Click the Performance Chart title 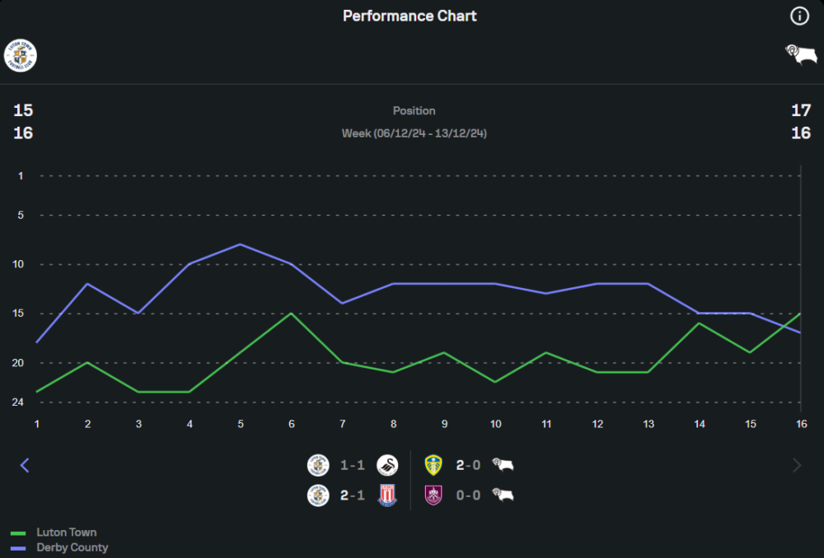point(410,16)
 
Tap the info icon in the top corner point(799,16)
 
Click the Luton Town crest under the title point(21,55)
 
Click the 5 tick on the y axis point(21,215)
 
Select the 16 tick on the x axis point(800,423)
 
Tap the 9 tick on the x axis point(444,423)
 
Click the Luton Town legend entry point(66,532)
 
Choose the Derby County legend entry point(72,547)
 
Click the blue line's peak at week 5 point(240,244)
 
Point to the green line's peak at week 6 point(291,313)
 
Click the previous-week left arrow point(25,466)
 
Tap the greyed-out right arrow point(797,466)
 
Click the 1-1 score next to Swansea point(353,466)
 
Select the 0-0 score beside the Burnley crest point(468,495)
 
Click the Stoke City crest point(386,495)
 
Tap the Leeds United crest point(433,466)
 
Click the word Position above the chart point(414,110)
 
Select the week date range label point(414,133)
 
